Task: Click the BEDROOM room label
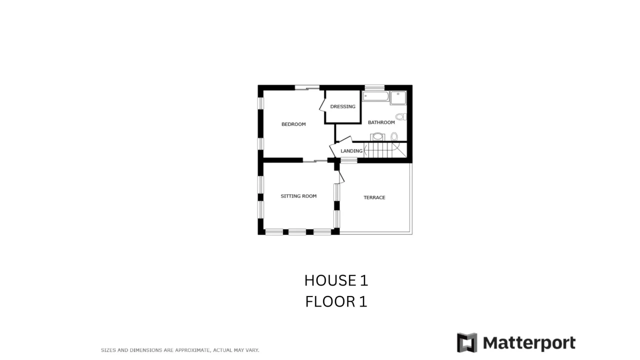293,124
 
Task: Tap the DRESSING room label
342,106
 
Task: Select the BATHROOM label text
381,122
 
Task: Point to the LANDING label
351,151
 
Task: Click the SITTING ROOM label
298,196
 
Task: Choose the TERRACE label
374,197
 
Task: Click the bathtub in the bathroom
375,96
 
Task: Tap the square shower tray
398,98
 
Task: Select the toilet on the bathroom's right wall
401,116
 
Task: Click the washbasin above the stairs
377,136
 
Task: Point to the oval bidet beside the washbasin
394,136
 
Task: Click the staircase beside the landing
385,150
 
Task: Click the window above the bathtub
374,87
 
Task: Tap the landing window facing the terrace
348,160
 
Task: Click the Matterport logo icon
467,342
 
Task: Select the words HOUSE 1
336,280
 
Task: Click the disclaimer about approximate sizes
180,350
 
